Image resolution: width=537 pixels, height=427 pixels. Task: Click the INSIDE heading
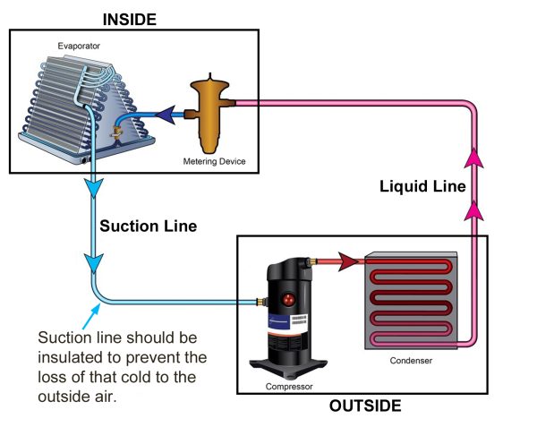(x=130, y=20)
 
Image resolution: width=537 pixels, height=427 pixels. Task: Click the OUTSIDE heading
(x=365, y=406)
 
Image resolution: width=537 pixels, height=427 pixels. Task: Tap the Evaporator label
(x=79, y=46)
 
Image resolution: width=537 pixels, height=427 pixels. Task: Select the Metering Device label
(x=215, y=161)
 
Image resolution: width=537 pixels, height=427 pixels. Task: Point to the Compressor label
(x=289, y=387)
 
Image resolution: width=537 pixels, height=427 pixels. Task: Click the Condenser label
(x=411, y=361)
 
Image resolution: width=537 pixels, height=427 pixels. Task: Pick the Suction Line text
(x=149, y=226)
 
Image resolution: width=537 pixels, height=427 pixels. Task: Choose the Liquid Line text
(x=422, y=186)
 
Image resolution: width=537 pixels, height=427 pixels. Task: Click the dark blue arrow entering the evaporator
(x=166, y=115)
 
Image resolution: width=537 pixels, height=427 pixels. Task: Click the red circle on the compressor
(x=289, y=300)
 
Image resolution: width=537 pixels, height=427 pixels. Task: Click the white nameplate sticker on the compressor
(x=299, y=323)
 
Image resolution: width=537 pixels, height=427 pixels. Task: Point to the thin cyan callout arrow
(x=91, y=317)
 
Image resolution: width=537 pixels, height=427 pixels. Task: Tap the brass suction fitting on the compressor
(x=261, y=302)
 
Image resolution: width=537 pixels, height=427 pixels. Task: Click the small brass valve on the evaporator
(x=116, y=132)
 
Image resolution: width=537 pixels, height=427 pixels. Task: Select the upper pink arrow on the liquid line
(x=474, y=158)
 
